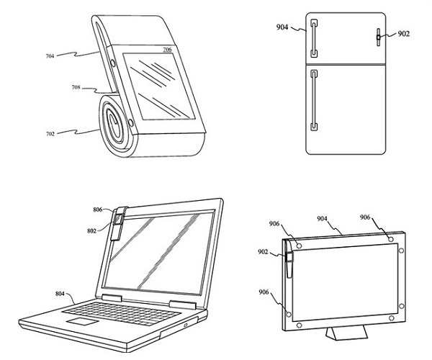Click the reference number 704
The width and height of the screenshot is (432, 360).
[x=50, y=56]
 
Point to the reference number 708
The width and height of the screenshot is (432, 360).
[x=76, y=87]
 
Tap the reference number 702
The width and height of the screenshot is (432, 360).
[x=50, y=134]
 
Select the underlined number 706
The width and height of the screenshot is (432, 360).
[x=167, y=50]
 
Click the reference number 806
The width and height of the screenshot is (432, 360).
[x=98, y=210]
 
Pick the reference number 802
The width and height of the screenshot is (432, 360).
[x=91, y=231]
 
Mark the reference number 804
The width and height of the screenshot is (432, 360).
[x=60, y=294]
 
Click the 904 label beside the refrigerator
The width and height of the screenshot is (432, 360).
[x=282, y=27]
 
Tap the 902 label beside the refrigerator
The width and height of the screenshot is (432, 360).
[x=404, y=34]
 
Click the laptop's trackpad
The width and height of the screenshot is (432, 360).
[x=83, y=322]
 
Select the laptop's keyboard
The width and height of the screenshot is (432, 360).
[x=121, y=313]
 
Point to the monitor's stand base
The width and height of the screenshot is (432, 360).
[x=347, y=333]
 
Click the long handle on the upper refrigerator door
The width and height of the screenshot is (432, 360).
[x=315, y=38]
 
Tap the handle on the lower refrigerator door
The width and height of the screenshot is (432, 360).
[x=314, y=100]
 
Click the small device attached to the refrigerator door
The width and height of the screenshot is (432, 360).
[x=379, y=37]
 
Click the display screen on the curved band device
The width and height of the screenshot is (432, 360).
[x=157, y=86]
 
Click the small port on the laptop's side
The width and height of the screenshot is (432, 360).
[x=186, y=325]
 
